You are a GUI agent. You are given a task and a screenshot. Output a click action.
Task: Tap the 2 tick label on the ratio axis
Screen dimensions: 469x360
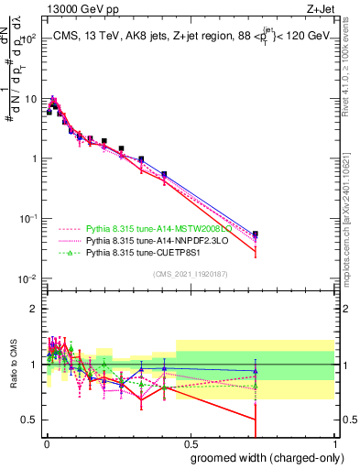(32, 309)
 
